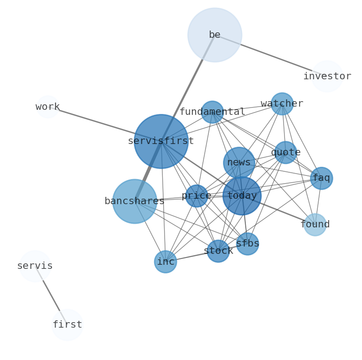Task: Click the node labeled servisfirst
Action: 161,141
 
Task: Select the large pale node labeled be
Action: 214,35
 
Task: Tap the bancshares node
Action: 134,201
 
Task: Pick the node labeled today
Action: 242,196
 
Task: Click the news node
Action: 239,163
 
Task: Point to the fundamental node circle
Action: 212,112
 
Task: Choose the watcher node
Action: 282,104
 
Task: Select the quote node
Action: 285,152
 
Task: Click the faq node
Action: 321,178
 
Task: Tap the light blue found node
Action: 315,225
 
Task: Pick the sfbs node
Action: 248,244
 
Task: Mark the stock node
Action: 218,251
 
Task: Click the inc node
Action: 165,262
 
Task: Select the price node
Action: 197,196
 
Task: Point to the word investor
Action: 327,77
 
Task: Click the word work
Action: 48,107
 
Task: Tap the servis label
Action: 35,266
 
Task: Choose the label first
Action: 67,325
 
